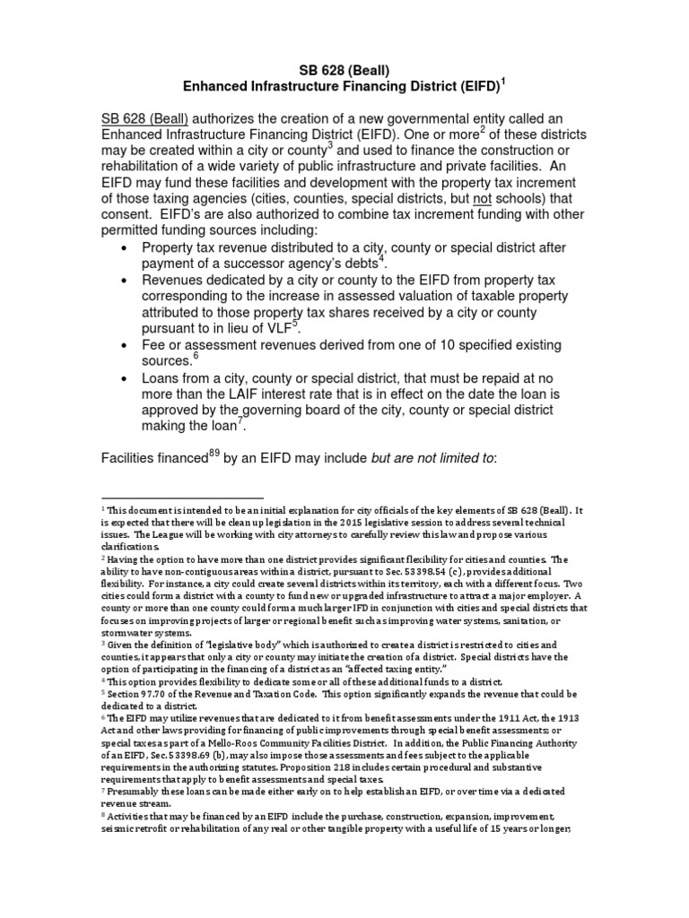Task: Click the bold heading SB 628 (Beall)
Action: click(x=344, y=70)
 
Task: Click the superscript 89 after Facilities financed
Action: click(x=214, y=453)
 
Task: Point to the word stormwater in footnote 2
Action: click(x=126, y=631)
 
